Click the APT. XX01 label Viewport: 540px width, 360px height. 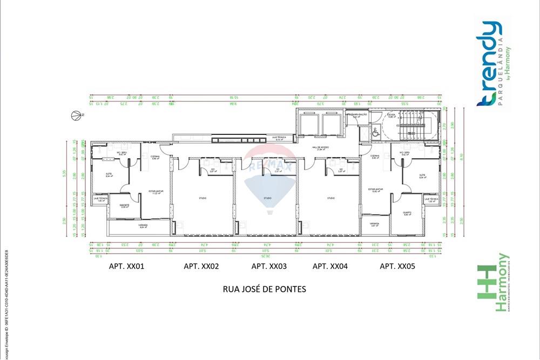coord(126,266)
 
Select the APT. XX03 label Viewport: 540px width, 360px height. coord(269,266)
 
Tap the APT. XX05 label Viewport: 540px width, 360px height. coord(397,266)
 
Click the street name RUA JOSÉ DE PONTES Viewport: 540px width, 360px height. coord(265,289)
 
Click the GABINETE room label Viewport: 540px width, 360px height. coord(125,206)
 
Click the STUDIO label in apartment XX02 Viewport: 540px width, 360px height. coord(201,199)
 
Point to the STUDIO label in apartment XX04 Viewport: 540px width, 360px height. coord(330,199)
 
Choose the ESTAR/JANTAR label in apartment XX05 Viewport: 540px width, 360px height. coord(375,190)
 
